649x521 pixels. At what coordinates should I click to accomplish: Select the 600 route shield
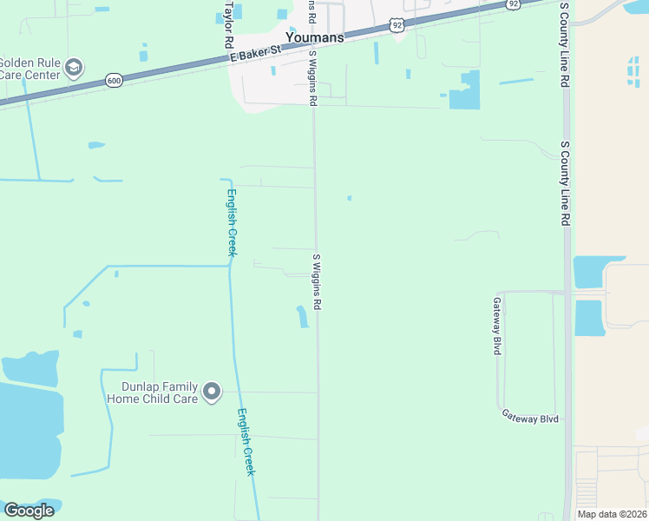point(114,81)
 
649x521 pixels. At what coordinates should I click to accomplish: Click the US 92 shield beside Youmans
point(397,25)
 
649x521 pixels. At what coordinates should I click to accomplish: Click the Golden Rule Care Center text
point(29,69)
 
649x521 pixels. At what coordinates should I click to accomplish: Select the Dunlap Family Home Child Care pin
point(211,393)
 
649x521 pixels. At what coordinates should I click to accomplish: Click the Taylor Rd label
point(229,23)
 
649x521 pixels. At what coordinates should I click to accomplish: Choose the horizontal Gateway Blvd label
point(529,417)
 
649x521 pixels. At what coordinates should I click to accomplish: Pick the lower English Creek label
point(246,442)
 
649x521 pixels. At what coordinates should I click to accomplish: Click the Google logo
point(29,511)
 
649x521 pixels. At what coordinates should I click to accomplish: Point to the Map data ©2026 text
point(612,514)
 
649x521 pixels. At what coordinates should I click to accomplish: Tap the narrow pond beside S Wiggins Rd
point(303,317)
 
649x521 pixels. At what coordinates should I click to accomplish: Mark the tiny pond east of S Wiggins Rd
point(349,198)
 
